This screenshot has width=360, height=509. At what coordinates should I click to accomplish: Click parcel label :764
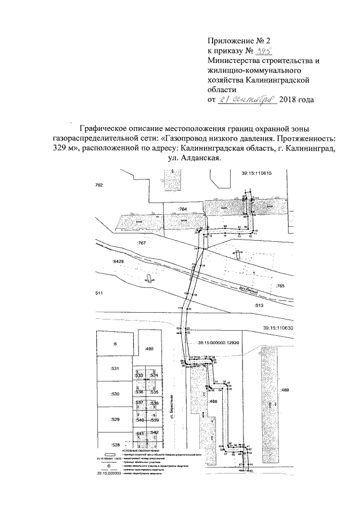click(x=182, y=209)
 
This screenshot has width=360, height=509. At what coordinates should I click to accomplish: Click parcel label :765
click(x=281, y=286)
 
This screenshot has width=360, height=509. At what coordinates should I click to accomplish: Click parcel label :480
click(x=149, y=349)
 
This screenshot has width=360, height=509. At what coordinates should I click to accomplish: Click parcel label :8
click(x=115, y=343)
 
